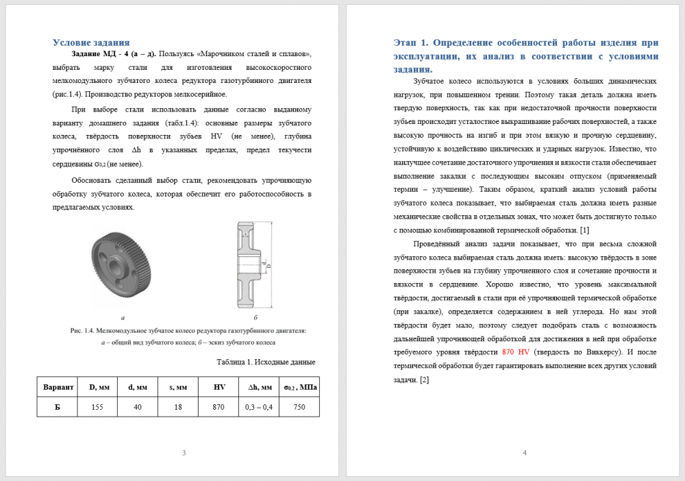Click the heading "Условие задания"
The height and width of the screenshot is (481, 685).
[91, 42]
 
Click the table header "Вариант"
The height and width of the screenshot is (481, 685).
[58, 387]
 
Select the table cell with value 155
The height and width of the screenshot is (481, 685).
[97, 407]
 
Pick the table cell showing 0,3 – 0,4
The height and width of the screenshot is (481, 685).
[259, 407]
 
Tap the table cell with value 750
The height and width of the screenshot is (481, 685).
[299, 407]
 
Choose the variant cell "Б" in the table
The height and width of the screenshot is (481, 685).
[58, 407]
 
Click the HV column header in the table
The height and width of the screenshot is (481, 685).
[219, 387]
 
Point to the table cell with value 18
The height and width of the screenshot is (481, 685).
[178, 407]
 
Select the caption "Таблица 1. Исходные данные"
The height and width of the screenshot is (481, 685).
[266, 362]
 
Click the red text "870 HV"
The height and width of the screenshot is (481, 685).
[515, 351]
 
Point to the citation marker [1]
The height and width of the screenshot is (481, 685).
[584, 230]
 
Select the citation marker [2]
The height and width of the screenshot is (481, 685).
[424, 380]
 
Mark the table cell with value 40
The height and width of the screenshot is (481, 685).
[138, 407]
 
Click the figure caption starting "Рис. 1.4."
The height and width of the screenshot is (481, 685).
[188, 330]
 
